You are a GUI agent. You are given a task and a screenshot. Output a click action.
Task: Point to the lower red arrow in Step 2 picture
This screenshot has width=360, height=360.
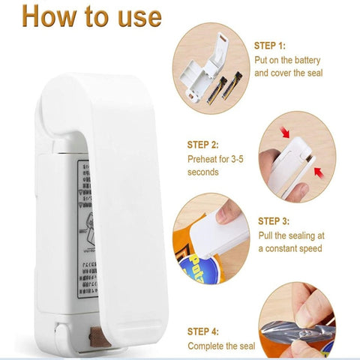tap(318, 172)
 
